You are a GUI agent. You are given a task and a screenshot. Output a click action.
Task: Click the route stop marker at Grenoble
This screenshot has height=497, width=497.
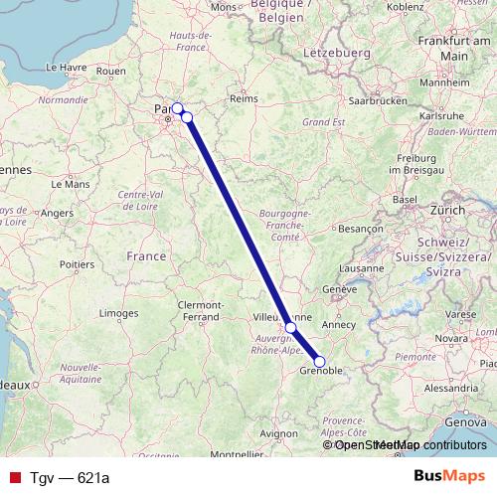click(319, 362)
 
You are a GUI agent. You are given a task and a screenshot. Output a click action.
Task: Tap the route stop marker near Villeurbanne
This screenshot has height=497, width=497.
click(290, 327)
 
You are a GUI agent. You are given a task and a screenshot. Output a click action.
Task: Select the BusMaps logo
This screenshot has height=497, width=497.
click(449, 478)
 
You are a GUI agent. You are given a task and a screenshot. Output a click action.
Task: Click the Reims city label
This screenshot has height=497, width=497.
click(244, 99)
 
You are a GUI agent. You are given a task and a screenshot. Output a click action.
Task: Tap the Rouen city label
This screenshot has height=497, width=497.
click(111, 72)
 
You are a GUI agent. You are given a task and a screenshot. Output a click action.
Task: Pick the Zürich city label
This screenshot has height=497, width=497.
click(448, 211)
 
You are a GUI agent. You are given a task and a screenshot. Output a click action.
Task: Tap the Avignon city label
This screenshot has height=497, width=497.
click(278, 434)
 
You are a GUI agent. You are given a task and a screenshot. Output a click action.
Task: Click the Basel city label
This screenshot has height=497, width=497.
click(404, 199)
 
